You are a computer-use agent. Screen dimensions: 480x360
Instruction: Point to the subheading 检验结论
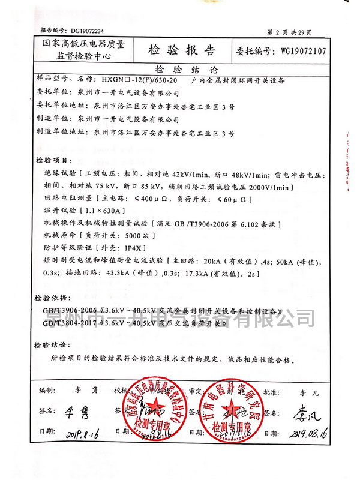[x=179, y=69]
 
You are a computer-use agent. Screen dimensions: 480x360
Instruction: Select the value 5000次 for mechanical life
[x=130, y=235]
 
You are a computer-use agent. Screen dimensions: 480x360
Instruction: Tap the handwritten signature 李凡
[x=307, y=413]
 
